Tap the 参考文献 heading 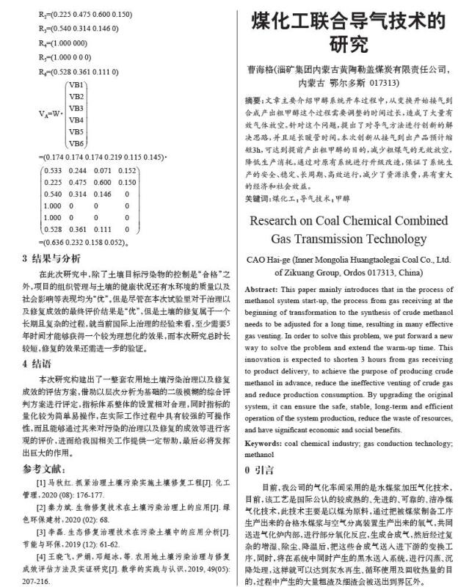tap(46, 469)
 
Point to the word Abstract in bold tap(262, 289)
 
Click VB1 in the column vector tap(76, 86)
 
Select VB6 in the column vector tap(76, 142)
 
